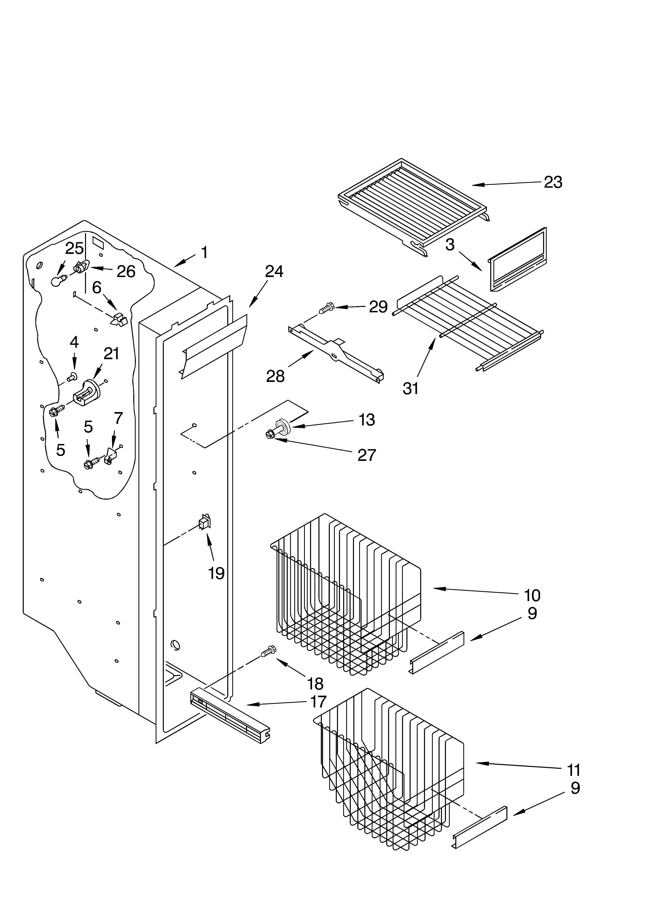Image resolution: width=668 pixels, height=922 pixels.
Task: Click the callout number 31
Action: pos(410,389)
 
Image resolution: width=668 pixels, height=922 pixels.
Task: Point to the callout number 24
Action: pos(274,272)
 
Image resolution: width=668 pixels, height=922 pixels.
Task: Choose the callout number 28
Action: pos(275,377)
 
